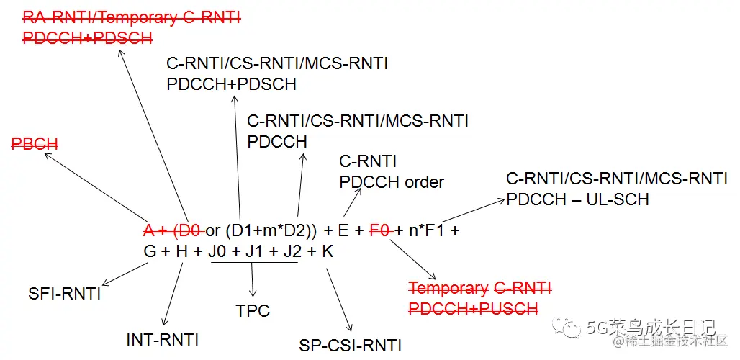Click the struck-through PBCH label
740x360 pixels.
tap(35, 144)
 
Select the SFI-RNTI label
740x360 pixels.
tap(65, 294)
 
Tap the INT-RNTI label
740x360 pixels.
tap(162, 339)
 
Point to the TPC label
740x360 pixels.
tap(253, 311)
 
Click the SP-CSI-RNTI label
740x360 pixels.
tap(350, 346)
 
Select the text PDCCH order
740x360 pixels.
tap(392, 182)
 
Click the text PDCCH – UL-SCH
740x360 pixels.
tap(577, 199)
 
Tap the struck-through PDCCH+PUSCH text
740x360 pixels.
tap(473, 309)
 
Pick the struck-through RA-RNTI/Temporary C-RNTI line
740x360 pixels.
tap(131, 17)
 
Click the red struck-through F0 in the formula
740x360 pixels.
tap(379, 231)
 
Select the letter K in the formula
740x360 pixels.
tap(328, 251)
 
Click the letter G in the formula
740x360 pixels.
tap(150, 251)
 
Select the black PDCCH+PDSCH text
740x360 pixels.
tap(231, 84)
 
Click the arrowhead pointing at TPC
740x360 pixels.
tap(253, 294)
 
